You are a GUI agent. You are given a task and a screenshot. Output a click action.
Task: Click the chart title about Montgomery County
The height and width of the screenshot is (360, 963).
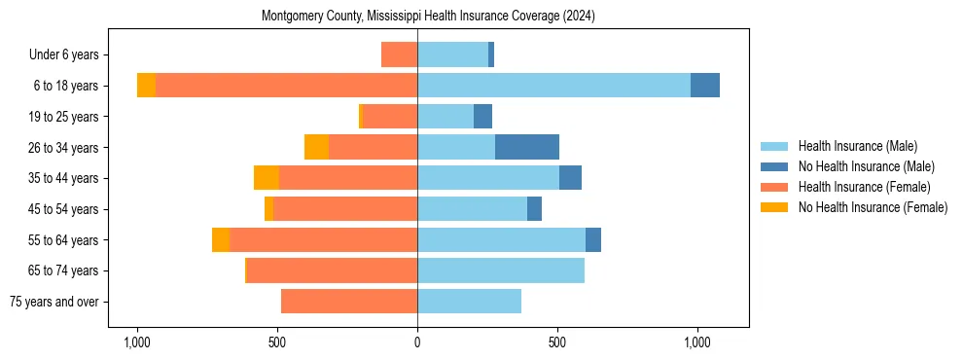pos(428,17)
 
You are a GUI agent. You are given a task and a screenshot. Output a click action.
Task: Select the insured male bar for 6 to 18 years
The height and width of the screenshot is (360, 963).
pos(553,86)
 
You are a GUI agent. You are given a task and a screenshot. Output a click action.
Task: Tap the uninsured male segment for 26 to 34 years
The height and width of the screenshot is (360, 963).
pos(526,147)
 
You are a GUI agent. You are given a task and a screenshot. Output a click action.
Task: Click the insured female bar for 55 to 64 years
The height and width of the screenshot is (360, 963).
pos(323,239)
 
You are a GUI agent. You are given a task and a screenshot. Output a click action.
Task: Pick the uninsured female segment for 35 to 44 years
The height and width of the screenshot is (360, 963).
pos(267,178)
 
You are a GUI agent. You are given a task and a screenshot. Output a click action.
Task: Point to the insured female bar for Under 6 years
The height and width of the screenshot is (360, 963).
pos(399,54)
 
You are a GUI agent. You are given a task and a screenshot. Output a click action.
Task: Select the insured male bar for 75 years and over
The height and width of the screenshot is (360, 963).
pos(469,302)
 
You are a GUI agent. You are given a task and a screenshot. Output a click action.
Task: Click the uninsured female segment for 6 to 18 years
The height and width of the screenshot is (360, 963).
pos(146,86)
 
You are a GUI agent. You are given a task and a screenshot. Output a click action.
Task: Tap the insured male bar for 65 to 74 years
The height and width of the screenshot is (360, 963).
pos(500,270)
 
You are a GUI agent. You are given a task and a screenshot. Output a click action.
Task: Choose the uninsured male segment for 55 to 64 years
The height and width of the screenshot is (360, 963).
pos(593,239)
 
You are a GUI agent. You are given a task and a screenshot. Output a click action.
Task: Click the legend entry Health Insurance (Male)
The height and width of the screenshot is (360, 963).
pos(856,146)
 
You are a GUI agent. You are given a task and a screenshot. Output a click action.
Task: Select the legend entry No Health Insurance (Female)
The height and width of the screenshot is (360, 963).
pos(872,207)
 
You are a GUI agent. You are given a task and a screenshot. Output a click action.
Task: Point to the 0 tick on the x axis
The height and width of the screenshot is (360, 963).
pos(417,342)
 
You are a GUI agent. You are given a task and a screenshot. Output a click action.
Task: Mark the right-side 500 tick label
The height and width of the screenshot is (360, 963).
pos(557,342)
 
